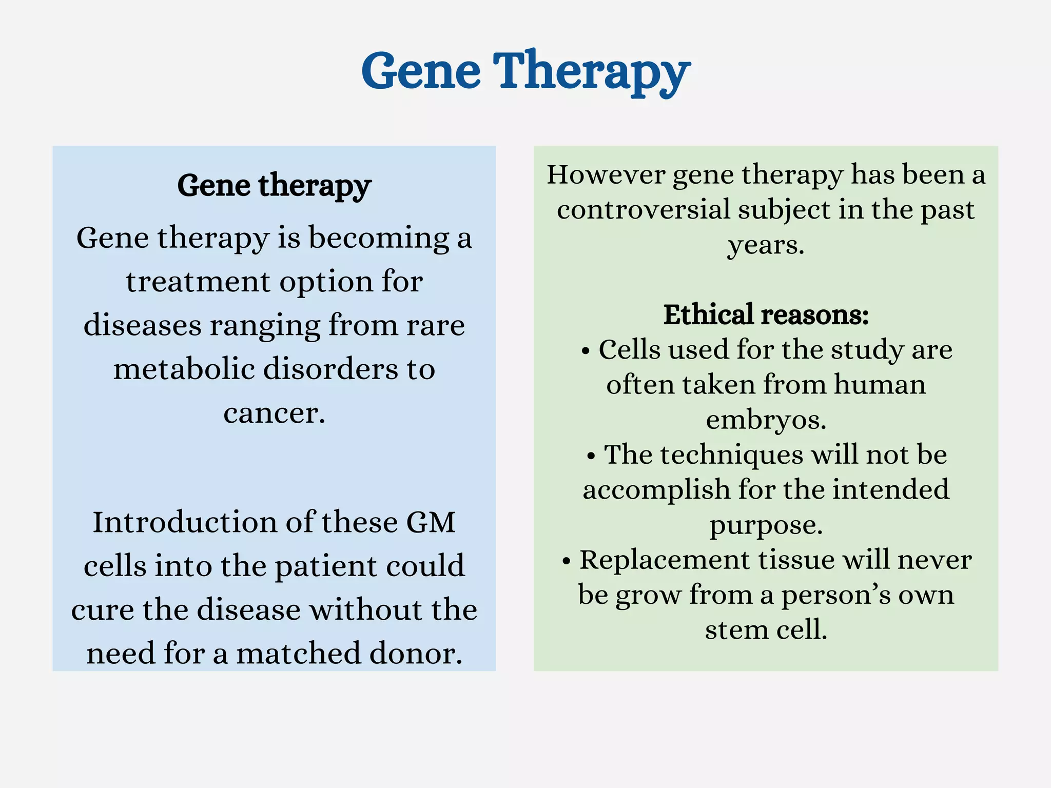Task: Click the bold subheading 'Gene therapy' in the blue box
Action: [274, 186]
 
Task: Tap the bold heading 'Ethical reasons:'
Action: [766, 314]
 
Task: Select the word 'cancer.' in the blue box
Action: [274, 413]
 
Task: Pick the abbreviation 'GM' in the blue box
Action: [431, 522]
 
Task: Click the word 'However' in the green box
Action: [606, 175]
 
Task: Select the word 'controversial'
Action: [644, 210]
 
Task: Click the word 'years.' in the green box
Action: [766, 245]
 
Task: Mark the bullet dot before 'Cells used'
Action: [586, 352]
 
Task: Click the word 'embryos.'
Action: [766, 420]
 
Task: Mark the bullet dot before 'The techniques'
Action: [591, 457]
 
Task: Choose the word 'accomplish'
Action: [656, 489]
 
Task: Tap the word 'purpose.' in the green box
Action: [766, 525]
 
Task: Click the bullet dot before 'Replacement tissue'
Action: [566, 562]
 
